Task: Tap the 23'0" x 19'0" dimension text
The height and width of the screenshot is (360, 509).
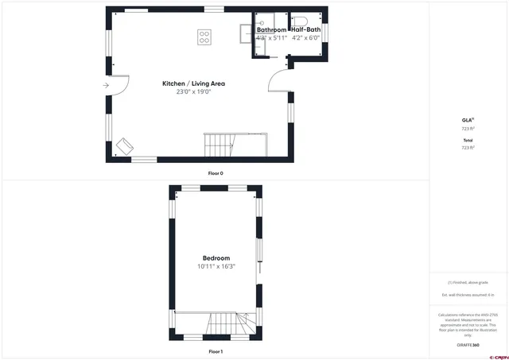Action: pos(192,92)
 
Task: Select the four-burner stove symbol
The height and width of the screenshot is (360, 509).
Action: pos(204,36)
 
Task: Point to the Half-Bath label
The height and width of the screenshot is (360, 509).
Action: pos(305,30)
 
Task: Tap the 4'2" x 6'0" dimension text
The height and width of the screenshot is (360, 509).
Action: pos(305,37)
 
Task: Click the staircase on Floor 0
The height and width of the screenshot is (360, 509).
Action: pos(220,145)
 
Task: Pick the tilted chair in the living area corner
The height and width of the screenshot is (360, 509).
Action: pos(125,145)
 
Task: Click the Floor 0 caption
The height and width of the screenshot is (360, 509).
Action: pos(216,172)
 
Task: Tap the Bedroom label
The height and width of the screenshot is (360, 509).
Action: pos(216,258)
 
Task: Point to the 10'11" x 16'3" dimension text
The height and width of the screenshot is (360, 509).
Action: pos(216,267)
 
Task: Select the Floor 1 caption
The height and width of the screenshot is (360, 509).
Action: pos(216,350)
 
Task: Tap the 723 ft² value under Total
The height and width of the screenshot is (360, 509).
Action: pos(468,147)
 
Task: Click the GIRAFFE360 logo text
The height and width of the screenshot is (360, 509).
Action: pos(469,345)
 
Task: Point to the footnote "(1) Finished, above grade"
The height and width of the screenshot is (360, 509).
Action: pos(468,283)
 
